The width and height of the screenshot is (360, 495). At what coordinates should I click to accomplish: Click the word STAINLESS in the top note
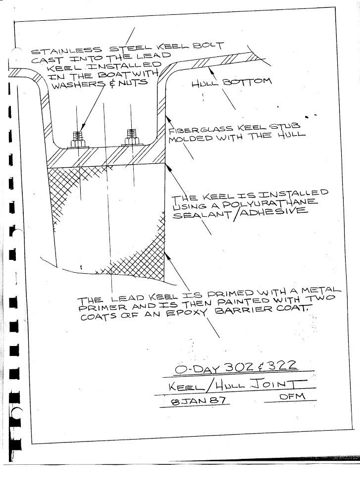pyautogui.click(x=67, y=51)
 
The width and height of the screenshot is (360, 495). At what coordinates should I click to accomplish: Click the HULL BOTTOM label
pyautogui.click(x=231, y=82)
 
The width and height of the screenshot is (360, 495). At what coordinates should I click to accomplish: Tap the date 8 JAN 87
pyautogui.click(x=199, y=401)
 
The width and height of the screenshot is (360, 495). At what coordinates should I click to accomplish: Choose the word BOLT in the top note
pyautogui.click(x=209, y=46)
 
